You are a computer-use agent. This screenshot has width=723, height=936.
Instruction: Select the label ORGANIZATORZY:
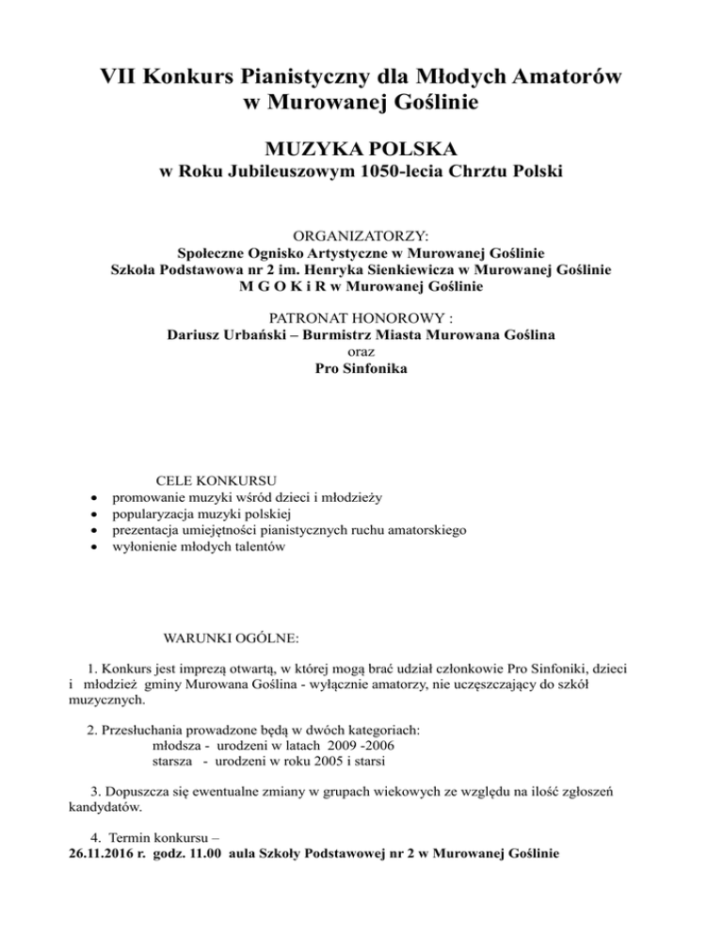[x=361, y=235]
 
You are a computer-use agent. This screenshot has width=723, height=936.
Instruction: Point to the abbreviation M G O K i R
[x=280, y=286]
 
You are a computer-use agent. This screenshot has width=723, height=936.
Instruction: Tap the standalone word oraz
[x=361, y=353]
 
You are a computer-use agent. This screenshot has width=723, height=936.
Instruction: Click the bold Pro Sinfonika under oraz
[x=361, y=370]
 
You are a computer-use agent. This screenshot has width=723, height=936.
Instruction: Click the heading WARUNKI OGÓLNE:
[x=232, y=638]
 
